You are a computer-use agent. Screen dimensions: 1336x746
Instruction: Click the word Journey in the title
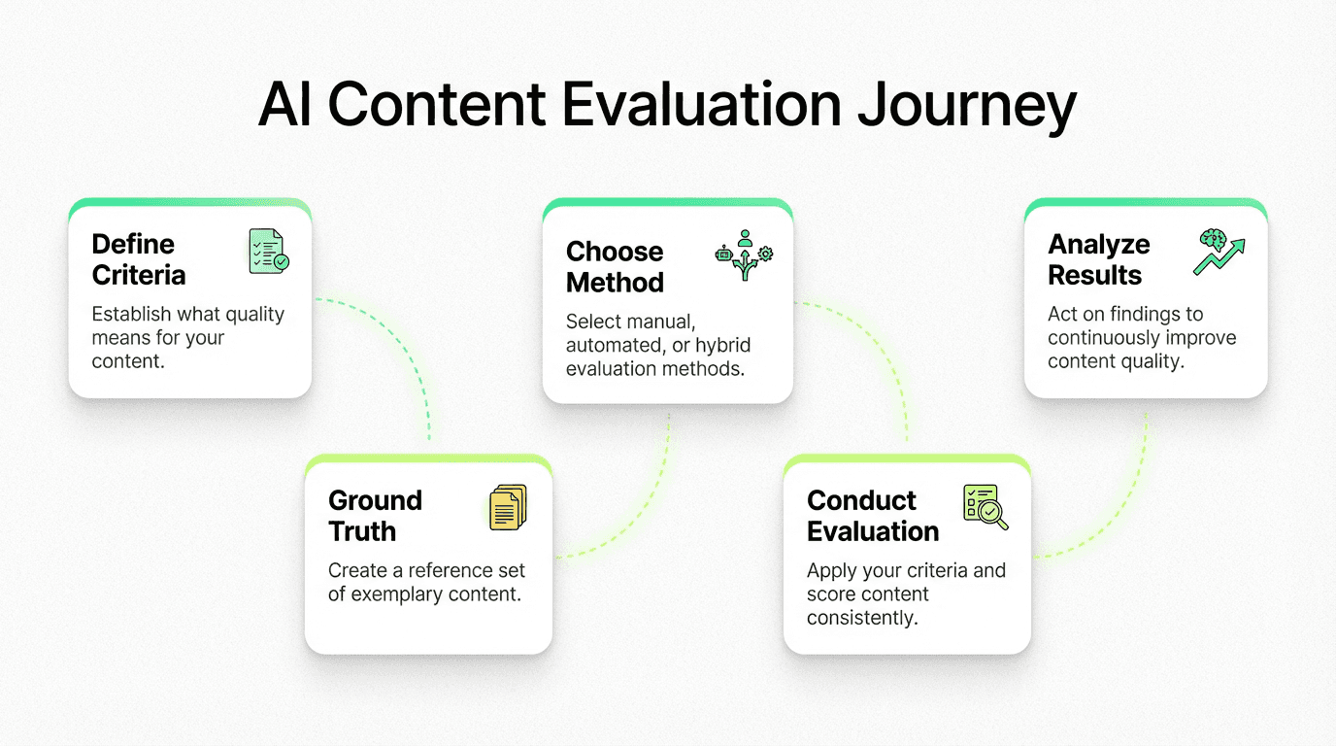click(x=967, y=106)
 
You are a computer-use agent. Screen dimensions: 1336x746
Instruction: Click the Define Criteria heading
click(x=139, y=259)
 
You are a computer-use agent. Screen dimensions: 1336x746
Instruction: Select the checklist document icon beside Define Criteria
click(x=268, y=252)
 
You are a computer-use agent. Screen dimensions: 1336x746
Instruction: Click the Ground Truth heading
click(x=375, y=516)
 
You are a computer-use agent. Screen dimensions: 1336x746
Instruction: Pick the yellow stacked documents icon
click(x=508, y=507)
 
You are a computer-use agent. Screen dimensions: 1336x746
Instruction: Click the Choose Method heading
click(x=615, y=267)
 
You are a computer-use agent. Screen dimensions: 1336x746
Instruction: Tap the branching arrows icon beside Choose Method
click(x=745, y=255)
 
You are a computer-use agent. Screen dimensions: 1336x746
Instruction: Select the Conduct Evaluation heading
click(x=873, y=516)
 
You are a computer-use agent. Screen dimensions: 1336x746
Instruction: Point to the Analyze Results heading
click(x=1099, y=259)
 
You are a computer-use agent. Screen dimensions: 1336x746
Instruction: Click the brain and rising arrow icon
click(x=1219, y=252)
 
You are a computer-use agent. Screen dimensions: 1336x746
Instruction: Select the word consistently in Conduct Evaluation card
click(x=862, y=618)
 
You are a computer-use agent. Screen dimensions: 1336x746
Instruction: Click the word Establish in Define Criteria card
click(x=131, y=314)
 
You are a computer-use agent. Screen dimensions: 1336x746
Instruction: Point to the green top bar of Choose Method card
click(x=667, y=203)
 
